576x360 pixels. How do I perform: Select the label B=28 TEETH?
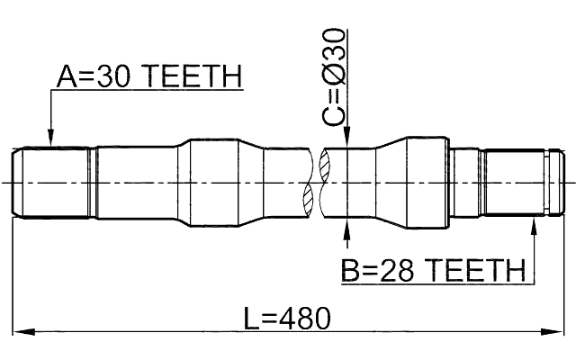pos(432,269)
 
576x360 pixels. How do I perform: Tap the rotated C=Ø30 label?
pos(334,76)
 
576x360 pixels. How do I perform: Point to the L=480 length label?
pos(287,317)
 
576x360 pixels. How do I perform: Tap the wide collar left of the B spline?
pos(427,181)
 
